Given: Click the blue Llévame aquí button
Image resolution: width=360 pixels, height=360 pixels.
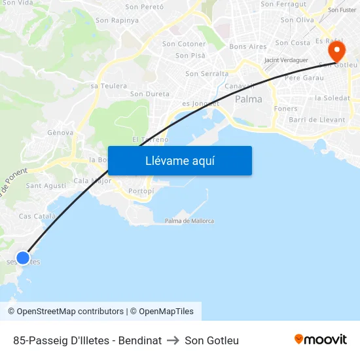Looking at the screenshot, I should pyautogui.click(x=179, y=161).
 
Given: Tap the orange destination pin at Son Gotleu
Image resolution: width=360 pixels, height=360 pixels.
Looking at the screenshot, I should pyautogui.click(x=336, y=51).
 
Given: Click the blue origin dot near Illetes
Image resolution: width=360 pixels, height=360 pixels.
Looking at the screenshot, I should pyautogui.click(x=23, y=258).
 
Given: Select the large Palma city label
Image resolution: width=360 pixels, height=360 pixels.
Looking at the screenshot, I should pyautogui.click(x=248, y=99).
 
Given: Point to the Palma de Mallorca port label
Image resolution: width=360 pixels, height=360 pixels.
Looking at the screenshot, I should pyautogui.click(x=189, y=221).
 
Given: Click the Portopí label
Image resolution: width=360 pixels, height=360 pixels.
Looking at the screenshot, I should pyautogui.click(x=141, y=191).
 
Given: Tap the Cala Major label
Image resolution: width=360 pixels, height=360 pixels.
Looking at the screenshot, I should pyautogui.click(x=92, y=181).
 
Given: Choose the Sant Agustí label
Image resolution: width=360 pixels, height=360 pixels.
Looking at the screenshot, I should pyautogui.click(x=46, y=186).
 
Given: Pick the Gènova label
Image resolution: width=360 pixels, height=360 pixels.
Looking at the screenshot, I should pyautogui.click(x=60, y=132).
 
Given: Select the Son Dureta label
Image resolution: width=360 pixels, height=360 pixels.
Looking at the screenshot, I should pyautogui.click(x=150, y=94).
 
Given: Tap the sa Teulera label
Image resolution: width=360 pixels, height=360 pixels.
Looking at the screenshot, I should pyautogui.click(x=109, y=86).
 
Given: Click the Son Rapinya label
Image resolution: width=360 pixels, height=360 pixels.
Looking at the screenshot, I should pyautogui.click(x=117, y=20).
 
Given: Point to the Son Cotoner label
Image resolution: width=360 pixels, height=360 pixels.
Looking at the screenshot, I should pyautogui.click(x=184, y=44).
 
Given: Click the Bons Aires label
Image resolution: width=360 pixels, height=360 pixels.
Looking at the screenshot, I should pyautogui.click(x=248, y=47).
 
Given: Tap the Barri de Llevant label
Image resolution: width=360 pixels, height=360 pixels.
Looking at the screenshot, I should pyautogui.click(x=317, y=120).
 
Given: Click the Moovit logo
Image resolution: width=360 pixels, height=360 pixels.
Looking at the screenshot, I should pyautogui.click(x=320, y=340).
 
